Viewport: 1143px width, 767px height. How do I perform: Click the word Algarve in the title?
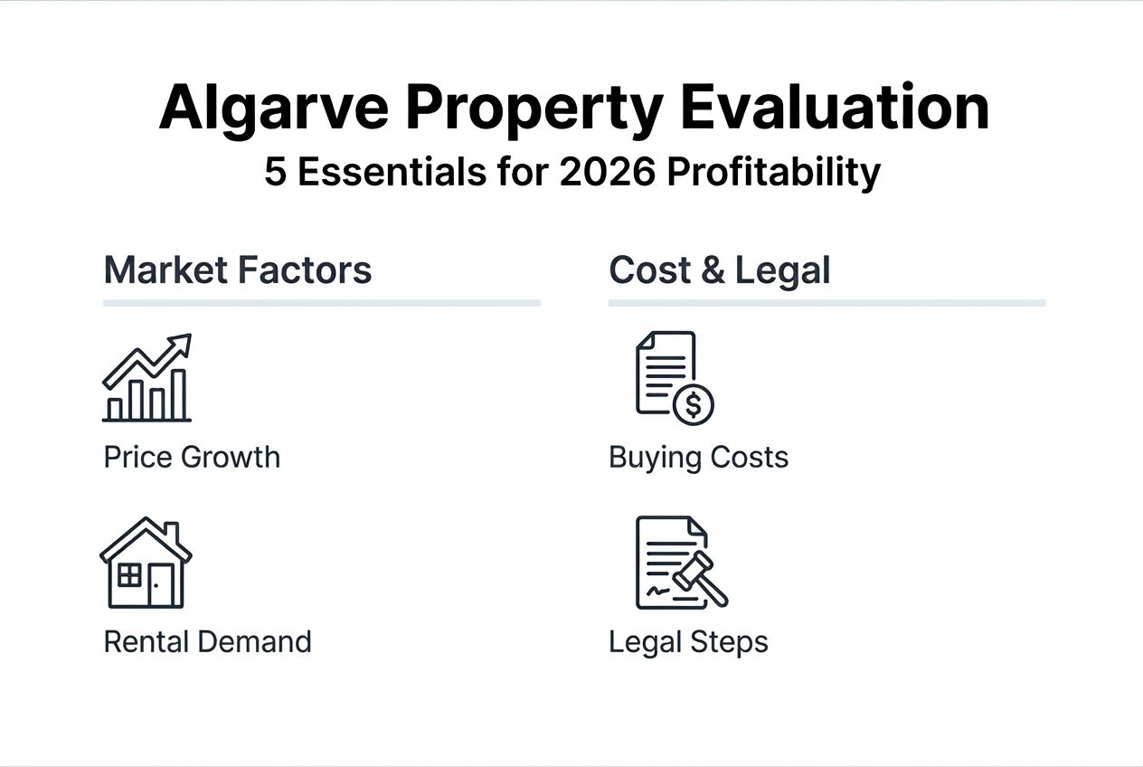pyautogui.click(x=274, y=109)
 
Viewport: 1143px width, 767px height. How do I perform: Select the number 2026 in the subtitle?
pyautogui.click(x=608, y=172)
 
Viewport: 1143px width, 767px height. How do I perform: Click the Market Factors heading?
pyautogui.click(x=238, y=270)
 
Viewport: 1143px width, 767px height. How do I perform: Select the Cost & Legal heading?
pyautogui.click(x=719, y=270)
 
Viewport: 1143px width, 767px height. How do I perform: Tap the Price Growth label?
pyautogui.click(x=192, y=457)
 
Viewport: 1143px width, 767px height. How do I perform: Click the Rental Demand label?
pyautogui.click(x=207, y=641)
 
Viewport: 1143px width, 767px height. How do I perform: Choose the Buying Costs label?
pyautogui.click(x=698, y=457)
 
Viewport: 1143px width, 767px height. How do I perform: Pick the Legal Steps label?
pyautogui.click(x=688, y=641)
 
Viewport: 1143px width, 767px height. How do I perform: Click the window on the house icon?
pyautogui.click(x=130, y=575)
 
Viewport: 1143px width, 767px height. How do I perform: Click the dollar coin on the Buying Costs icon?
pyautogui.click(x=693, y=404)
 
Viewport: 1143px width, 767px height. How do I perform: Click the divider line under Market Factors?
pyautogui.click(x=321, y=303)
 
